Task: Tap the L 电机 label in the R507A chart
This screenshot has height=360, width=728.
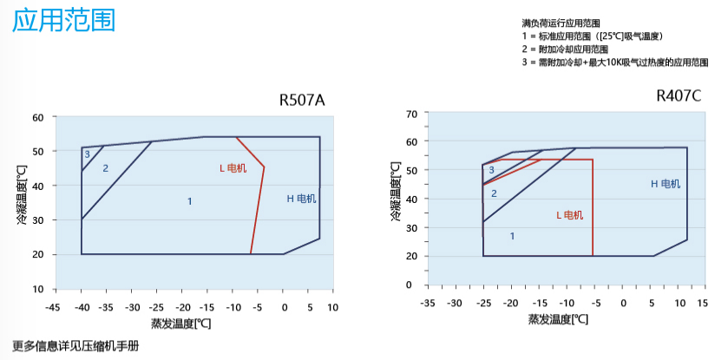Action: (x=233, y=167)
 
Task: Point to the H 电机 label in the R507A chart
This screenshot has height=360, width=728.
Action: (x=302, y=199)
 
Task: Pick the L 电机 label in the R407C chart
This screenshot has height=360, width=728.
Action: (x=569, y=215)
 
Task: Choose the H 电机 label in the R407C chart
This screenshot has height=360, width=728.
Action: (x=666, y=184)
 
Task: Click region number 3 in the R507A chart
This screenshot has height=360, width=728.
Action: (x=87, y=154)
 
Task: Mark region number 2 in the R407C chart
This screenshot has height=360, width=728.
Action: (x=494, y=193)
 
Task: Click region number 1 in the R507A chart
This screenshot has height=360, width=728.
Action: (x=189, y=201)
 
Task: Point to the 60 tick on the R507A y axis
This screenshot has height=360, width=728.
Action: (x=37, y=117)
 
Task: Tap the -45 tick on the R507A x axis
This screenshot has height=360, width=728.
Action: (x=53, y=307)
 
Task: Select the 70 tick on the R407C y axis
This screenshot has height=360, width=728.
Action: (x=412, y=114)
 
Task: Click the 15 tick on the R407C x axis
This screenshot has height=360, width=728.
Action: (x=703, y=304)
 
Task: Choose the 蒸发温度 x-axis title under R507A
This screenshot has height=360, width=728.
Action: (x=180, y=323)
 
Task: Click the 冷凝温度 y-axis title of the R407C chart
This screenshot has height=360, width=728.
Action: (x=396, y=190)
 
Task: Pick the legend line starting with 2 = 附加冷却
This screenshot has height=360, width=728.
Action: (x=565, y=49)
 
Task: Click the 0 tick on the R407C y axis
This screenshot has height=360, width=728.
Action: (x=415, y=285)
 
